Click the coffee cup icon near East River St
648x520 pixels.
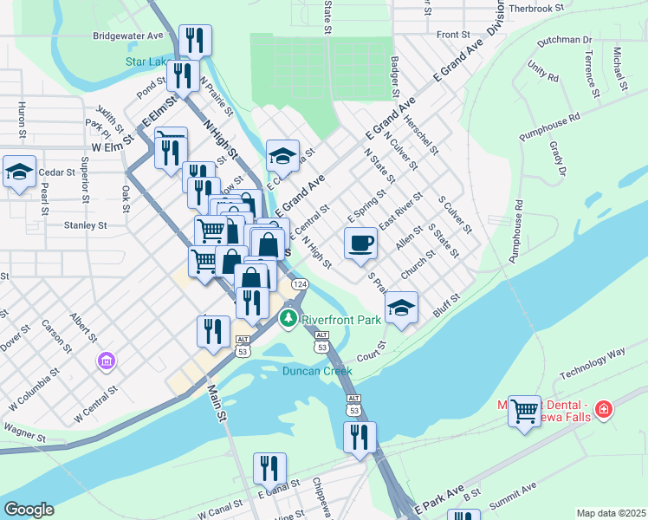pyautogui.click(x=361, y=243)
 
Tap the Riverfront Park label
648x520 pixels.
pyautogui.click(x=342, y=320)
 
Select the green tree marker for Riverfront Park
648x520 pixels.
pyautogui.click(x=288, y=320)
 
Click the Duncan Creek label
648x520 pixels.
pyautogui.click(x=317, y=371)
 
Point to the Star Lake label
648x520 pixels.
pyautogui.click(x=145, y=62)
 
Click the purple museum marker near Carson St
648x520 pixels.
pyautogui.click(x=107, y=359)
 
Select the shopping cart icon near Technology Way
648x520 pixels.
pyautogui.click(x=524, y=411)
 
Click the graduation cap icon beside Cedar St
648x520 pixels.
pyautogui.click(x=19, y=171)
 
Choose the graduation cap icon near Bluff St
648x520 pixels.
pyautogui.click(x=401, y=308)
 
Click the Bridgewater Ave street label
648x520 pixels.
pyautogui.click(x=128, y=36)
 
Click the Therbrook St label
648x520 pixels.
pyautogui.click(x=535, y=7)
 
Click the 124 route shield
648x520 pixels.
pyautogui.click(x=299, y=284)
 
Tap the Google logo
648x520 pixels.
pyautogui.click(x=29, y=509)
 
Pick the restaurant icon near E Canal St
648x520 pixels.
pyautogui.click(x=269, y=468)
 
